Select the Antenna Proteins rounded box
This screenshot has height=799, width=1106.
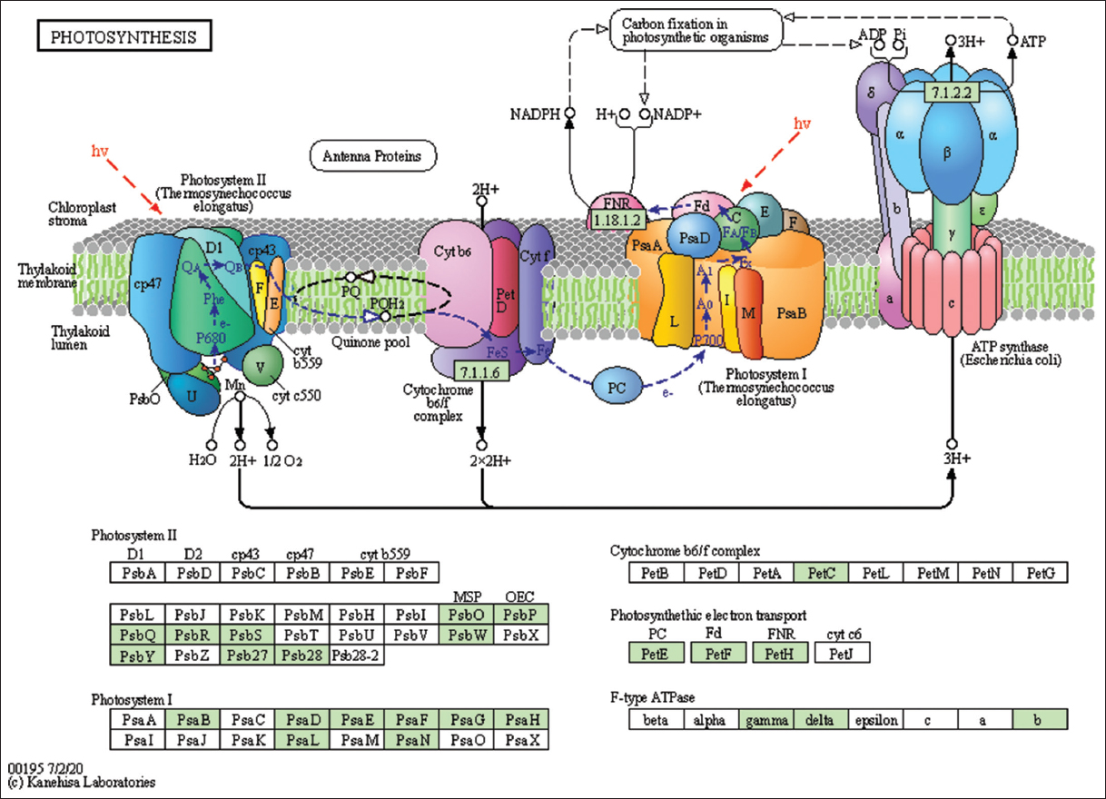[x=372, y=156]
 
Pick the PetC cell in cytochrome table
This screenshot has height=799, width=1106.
[x=820, y=573]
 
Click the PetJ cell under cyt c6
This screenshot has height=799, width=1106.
[x=842, y=652]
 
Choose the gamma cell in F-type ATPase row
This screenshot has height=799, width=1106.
[x=765, y=720]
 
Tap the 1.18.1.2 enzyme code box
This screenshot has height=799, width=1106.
[x=617, y=220]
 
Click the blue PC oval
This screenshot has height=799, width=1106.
[x=617, y=388]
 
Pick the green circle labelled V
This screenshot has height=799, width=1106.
[x=262, y=366]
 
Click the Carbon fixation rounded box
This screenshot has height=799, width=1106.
[x=696, y=28]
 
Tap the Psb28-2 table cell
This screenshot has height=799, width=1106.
[x=357, y=653]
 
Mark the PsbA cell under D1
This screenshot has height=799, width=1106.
[x=136, y=573]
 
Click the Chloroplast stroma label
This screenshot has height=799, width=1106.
[x=81, y=214]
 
